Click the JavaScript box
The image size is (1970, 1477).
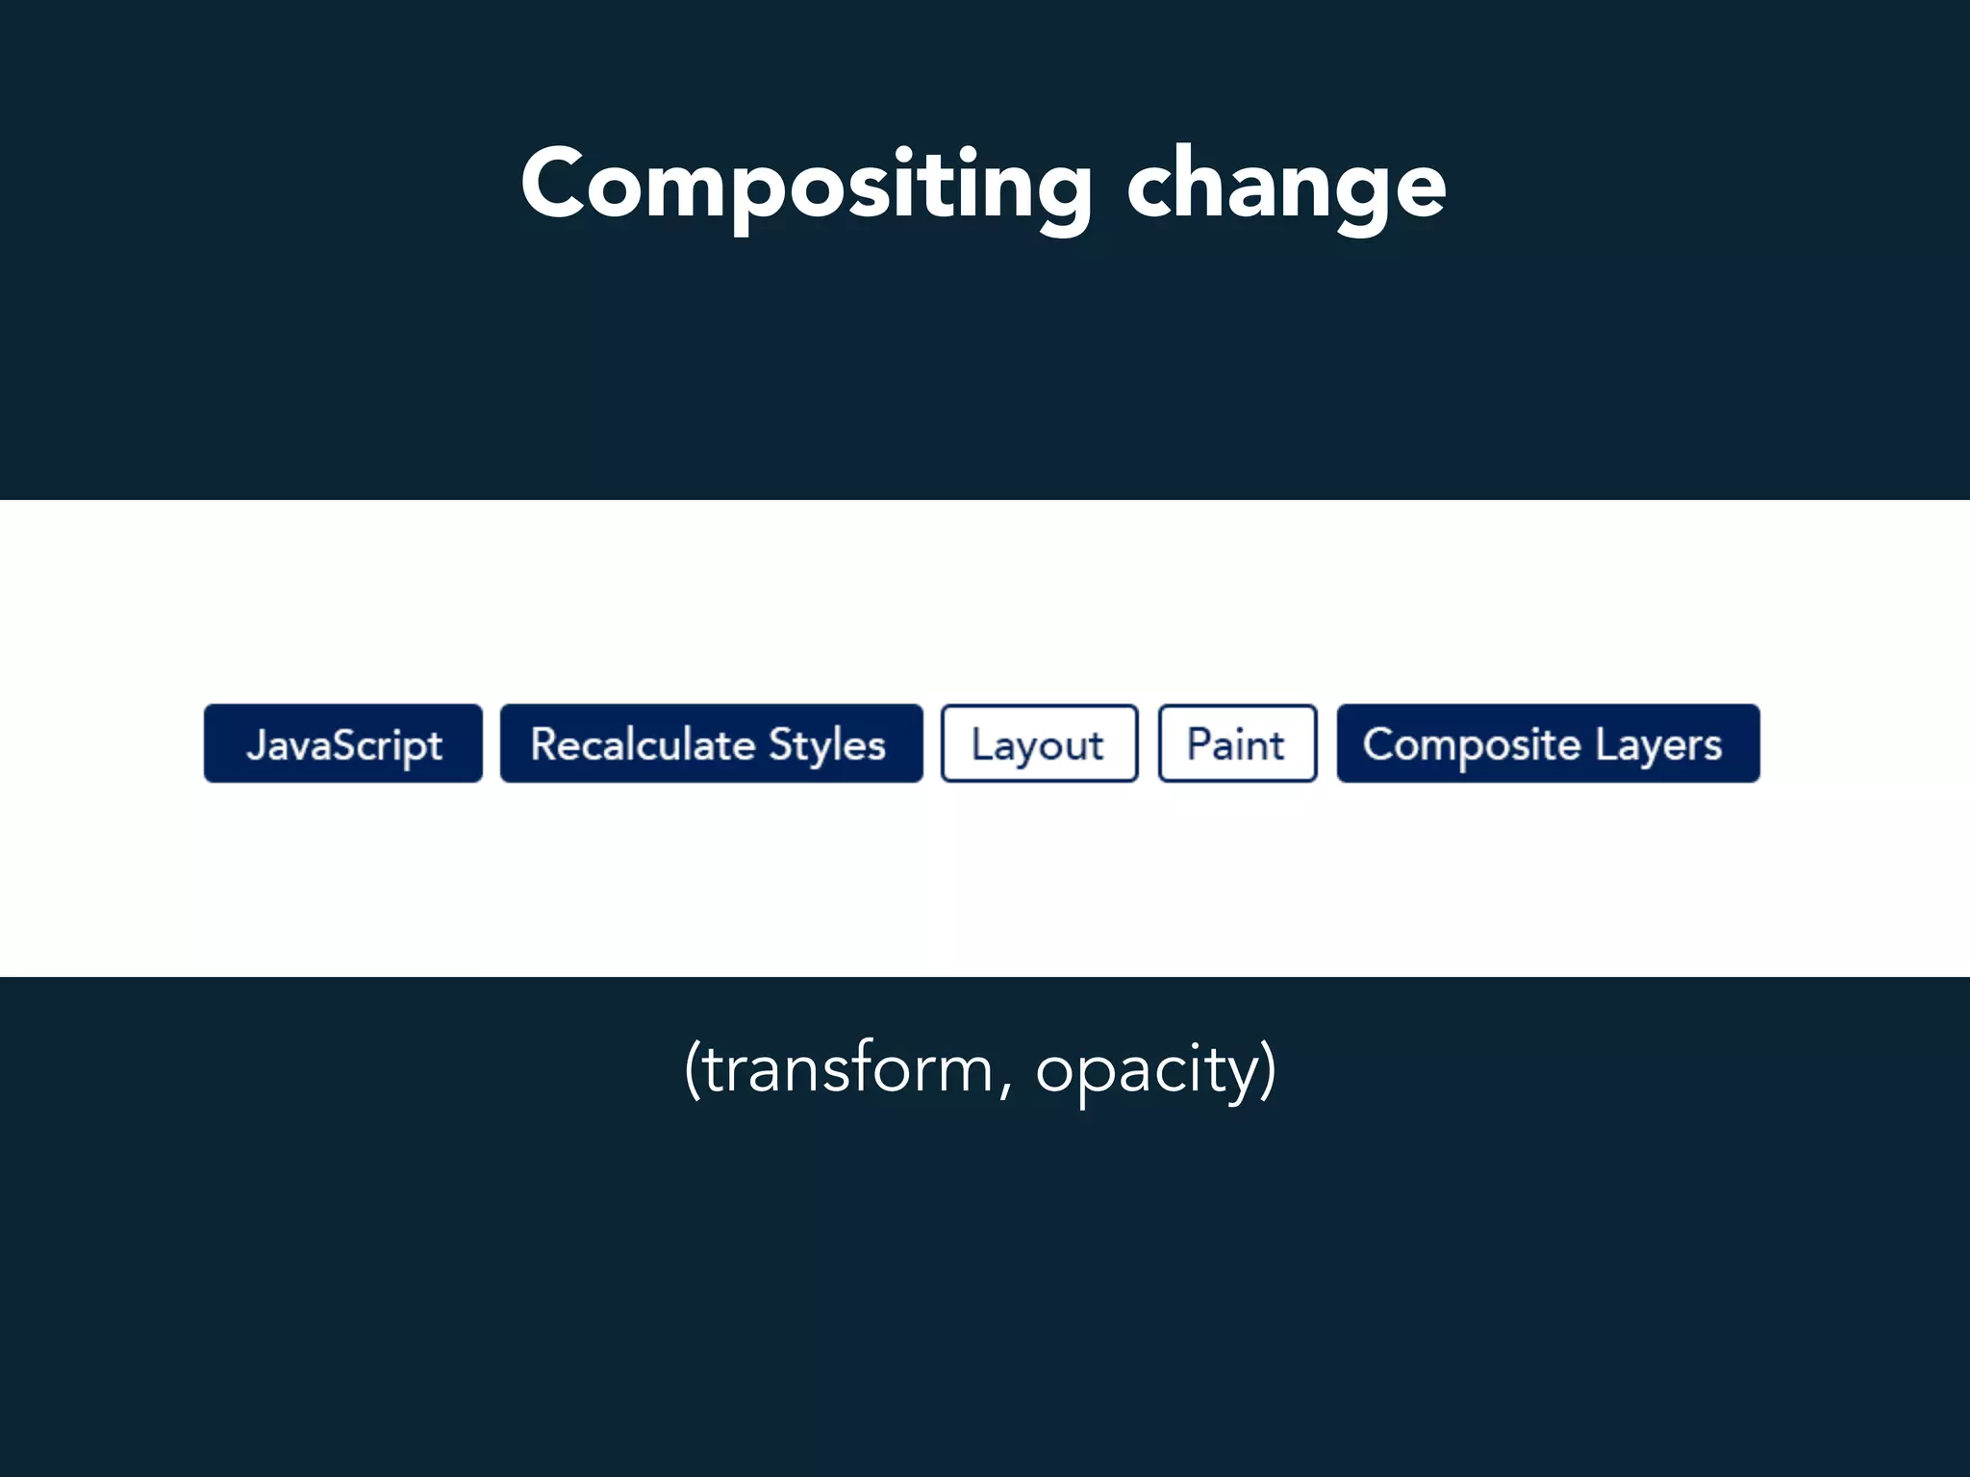(342, 743)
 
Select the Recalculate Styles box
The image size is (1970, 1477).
(711, 743)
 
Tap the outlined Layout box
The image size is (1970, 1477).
(1039, 743)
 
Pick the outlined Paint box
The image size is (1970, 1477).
(1237, 743)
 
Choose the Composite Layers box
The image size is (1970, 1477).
(1548, 743)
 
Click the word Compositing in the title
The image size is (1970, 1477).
(806, 185)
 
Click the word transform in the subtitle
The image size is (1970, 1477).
(846, 1068)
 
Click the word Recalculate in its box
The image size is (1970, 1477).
(643, 744)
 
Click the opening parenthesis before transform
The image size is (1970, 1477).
(693, 1068)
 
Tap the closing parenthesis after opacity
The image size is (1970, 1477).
(1269, 1068)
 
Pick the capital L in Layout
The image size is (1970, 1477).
(981, 743)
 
